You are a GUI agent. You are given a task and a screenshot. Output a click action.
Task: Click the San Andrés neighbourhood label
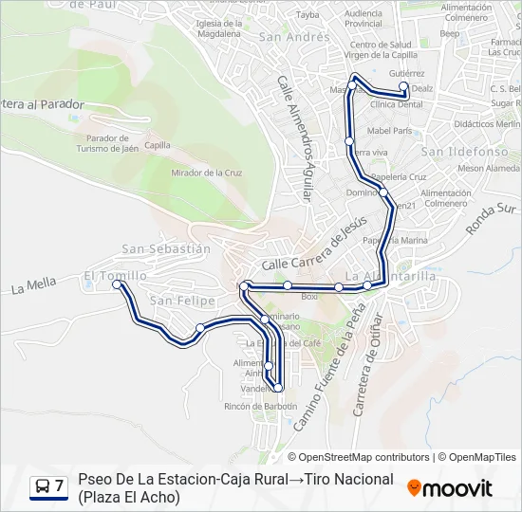[281, 38]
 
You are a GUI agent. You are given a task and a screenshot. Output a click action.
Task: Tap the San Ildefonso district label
[459, 152]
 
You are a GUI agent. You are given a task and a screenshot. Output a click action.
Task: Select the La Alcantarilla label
[391, 276]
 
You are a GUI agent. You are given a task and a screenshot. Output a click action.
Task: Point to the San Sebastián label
[166, 248]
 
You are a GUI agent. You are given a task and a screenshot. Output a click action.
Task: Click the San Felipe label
[177, 301]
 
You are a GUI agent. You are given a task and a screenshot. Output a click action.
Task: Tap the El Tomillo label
[115, 276]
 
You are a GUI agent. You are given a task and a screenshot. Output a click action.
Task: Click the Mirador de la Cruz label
[206, 173]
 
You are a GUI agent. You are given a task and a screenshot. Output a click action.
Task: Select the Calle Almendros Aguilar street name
[295, 137]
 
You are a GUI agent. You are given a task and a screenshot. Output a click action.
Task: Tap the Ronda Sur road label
[492, 219]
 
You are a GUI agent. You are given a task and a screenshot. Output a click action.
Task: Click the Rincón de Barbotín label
[261, 406]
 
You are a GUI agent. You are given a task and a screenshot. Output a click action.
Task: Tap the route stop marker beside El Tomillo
[117, 283]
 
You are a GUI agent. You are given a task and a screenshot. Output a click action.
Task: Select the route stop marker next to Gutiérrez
[403, 86]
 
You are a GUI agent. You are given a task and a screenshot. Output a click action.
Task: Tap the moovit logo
[450, 488]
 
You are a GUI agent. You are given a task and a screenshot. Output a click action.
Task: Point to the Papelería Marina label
[401, 240]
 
